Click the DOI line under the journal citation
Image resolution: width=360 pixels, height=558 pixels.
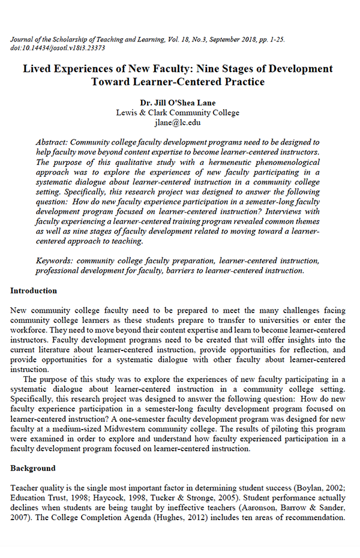click(58, 48)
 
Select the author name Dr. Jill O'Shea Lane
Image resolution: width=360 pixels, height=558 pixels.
click(178, 103)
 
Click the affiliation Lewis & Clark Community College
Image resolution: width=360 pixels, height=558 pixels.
click(178, 113)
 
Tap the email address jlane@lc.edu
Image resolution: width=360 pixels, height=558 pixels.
click(178, 122)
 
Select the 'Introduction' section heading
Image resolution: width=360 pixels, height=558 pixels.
click(34, 290)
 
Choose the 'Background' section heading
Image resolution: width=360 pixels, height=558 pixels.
click(32, 467)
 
